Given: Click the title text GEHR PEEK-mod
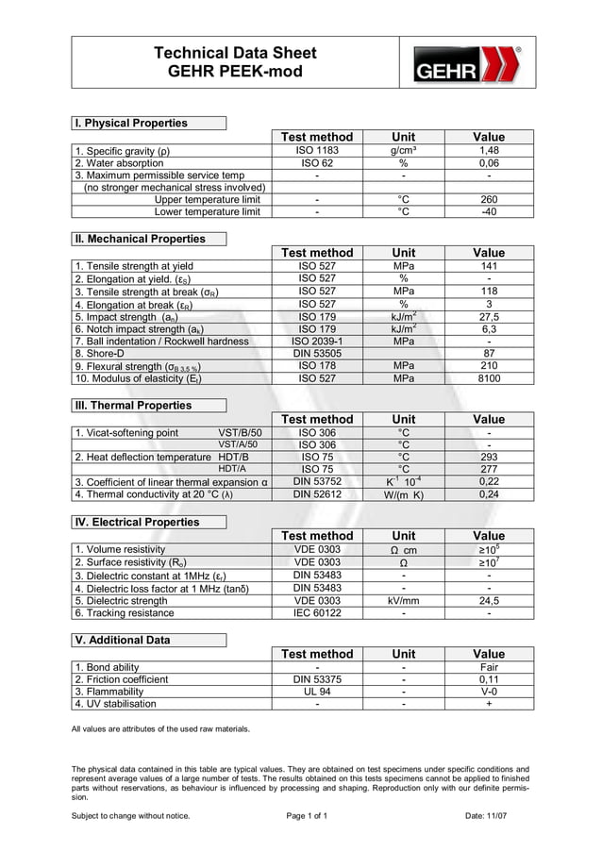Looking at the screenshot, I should pos(235,71).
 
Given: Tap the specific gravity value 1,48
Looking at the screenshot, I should pos(488,150).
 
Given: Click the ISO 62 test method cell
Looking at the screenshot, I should pos(316,162).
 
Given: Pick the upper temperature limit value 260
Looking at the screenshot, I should pos(488,199).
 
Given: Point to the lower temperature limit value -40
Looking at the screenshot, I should pos(488,211).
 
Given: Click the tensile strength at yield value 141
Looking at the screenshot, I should pos(488,267).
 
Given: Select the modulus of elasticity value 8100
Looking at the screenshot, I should pos(488,378).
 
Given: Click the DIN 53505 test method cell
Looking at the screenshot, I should pos(316,354).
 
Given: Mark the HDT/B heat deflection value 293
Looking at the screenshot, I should pos(488,457).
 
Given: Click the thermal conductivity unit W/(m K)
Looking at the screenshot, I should pos(403,493).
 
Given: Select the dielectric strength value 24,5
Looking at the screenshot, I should pos(488,599).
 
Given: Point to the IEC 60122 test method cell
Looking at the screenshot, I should pos(316,612).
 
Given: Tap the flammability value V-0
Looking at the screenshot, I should pos(488,691).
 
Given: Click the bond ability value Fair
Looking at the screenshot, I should pos(488,667).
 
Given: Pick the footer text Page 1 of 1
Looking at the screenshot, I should pos(306,815).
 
